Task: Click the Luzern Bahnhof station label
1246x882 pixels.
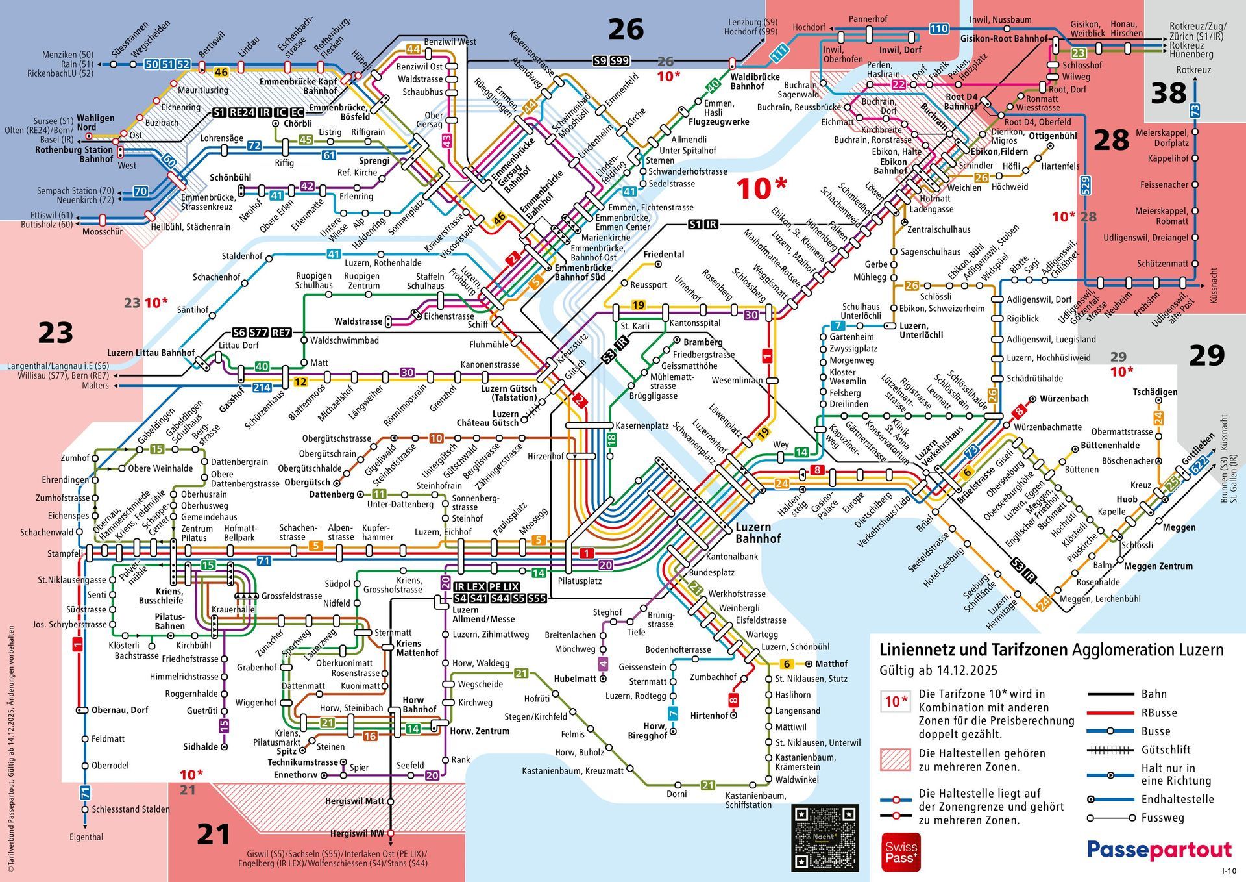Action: pos(757,533)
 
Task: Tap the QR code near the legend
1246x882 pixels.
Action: pos(825,838)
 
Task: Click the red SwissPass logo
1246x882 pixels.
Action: pos(901,852)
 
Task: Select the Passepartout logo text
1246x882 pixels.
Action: pos(1159,850)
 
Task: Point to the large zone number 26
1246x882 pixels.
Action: pos(626,29)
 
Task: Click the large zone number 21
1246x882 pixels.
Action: pos(214,835)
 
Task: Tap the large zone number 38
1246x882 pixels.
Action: pos(1168,94)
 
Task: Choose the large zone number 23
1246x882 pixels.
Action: pos(55,333)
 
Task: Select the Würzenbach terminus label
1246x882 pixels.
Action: pos(1064,399)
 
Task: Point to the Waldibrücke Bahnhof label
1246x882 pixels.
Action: pos(755,81)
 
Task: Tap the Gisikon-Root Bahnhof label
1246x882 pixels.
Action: pos(1003,38)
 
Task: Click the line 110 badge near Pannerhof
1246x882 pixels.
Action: pos(938,29)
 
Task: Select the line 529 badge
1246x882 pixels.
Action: pos(1084,185)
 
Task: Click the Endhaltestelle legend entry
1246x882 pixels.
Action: pos(1177,799)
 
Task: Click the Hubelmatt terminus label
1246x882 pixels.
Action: pos(575,679)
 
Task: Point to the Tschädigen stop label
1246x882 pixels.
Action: pos(1154,392)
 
